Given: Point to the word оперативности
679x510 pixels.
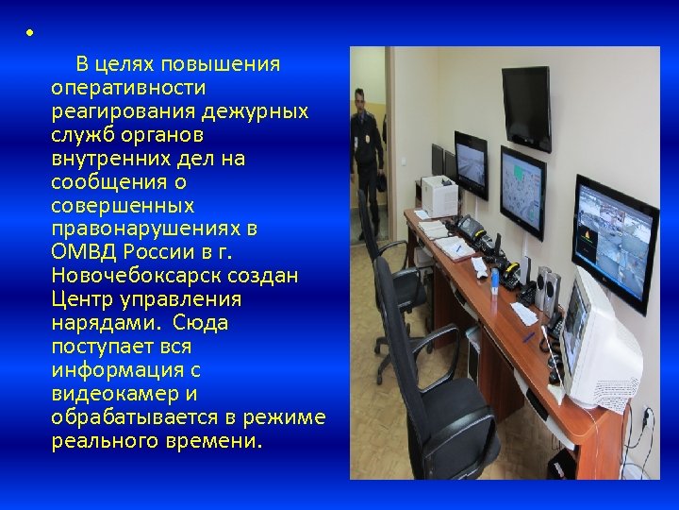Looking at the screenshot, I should point(129,88).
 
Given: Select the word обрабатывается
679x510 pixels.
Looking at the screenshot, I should point(136,417).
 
